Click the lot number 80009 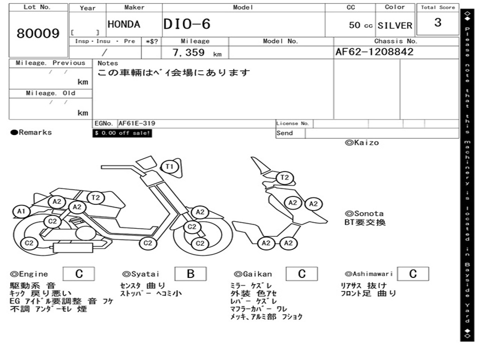tap(38, 34)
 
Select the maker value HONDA tap(124, 24)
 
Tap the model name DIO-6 tap(187, 24)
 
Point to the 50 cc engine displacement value tap(360, 25)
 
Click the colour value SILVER tap(395, 25)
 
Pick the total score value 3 tap(438, 22)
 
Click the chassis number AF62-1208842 tap(375, 52)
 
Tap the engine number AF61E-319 tap(137, 124)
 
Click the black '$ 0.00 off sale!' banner tap(122, 133)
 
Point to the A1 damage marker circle tap(21, 211)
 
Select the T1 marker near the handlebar tap(169, 166)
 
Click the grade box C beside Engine tap(79, 274)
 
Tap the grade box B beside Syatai tap(190, 274)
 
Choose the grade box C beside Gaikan tap(301, 274)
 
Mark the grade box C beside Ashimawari tap(412, 274)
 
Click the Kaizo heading tap(362, 142)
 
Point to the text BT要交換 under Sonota tap(365, 222)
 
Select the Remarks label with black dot tap(31, 133)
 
